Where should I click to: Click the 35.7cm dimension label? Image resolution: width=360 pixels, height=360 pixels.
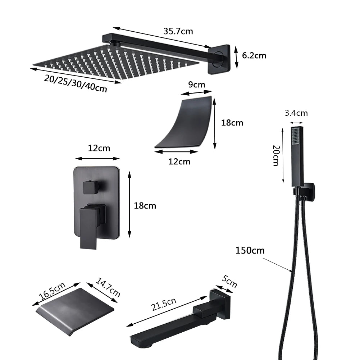pos(178,31)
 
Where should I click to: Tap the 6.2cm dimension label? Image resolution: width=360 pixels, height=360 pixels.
pos(254,55)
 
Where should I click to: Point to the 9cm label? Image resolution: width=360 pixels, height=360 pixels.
pos(197,85)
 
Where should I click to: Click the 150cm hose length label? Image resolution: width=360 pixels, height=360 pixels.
pos(250,250)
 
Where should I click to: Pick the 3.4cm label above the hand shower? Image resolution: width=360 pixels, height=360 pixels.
pos(296,113)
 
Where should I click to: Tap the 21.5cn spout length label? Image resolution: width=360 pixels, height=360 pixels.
pos(164,303)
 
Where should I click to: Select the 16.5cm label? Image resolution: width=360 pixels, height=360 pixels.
pos(52,291)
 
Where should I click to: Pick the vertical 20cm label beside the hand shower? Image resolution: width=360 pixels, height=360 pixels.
pos(276,155)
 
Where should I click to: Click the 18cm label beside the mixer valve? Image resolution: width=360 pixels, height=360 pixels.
pos(145,206)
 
